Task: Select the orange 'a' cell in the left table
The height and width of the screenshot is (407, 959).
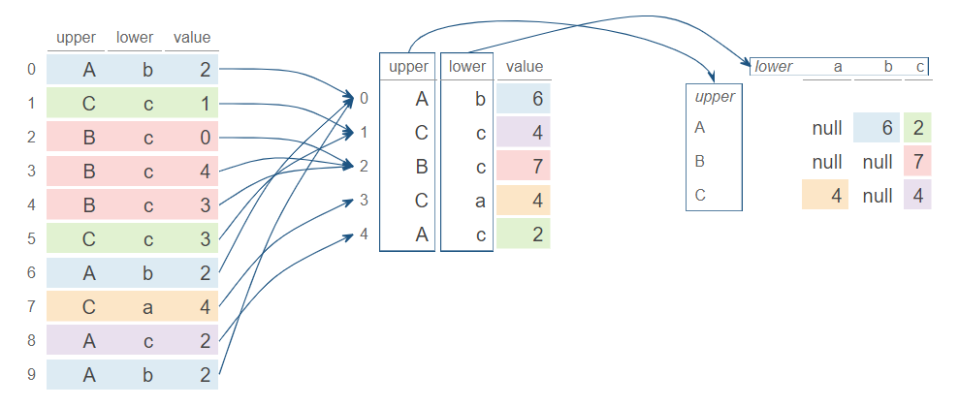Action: [x=148, y=307]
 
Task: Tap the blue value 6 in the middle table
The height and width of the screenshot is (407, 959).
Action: [x=525, y=99]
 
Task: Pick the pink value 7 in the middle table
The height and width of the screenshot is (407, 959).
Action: [x=525, y=166]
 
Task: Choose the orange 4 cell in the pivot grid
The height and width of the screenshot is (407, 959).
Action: [x=825, y=195]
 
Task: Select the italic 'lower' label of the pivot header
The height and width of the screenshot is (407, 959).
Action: [x=774, y=67]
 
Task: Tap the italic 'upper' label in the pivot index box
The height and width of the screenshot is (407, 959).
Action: [x=715, y=97]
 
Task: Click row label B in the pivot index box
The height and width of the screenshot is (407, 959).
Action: [x=700, y=160]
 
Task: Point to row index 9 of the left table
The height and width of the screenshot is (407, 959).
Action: [x=32, y=375]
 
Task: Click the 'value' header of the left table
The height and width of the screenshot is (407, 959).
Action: [x=192, y=39]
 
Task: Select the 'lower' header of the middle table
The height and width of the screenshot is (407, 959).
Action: [x=467, y=67]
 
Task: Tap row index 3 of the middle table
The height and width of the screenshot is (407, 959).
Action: [x=364, y=200]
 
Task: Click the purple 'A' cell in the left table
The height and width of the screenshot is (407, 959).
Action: [x=89, y=341]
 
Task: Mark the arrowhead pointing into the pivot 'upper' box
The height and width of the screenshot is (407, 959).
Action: [x=713, y=79]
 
